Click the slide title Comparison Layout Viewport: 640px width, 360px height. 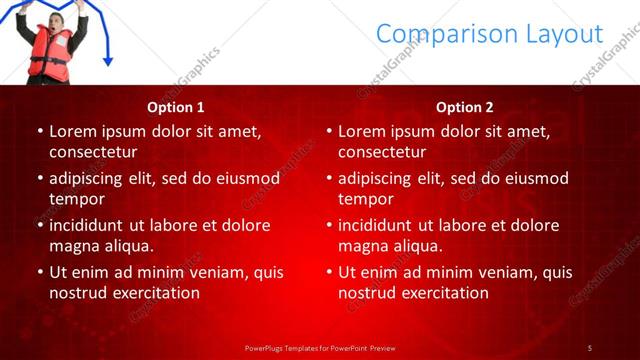(x=489, y=34)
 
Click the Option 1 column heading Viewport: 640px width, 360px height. (x=175, y=107)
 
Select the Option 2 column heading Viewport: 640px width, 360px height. (x=464, y=107)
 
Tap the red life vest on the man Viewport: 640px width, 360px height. (x=49, y=56)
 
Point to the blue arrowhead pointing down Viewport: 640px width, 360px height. (x=107, y=62)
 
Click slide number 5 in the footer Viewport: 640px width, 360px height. (x=589, y=347)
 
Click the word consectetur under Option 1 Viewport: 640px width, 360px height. (x=93, y=152)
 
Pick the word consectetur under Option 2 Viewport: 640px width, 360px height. (x=382, y=152)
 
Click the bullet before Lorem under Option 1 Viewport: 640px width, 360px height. (x=39, y=131)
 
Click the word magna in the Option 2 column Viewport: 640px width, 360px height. (x=361, y=246)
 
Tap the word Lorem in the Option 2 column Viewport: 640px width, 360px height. (x=361, y=131)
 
